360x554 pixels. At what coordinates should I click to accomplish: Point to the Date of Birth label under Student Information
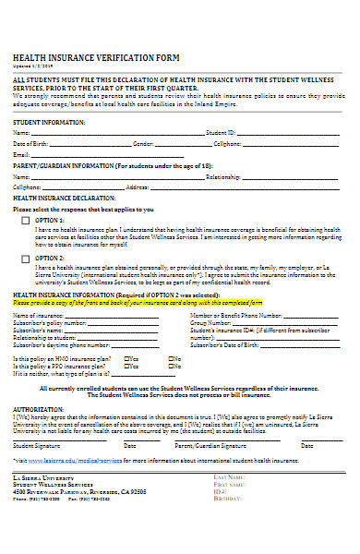point(29,144)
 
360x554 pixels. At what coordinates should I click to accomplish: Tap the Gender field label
point(143,144)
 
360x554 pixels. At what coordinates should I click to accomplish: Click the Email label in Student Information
point(20,154)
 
